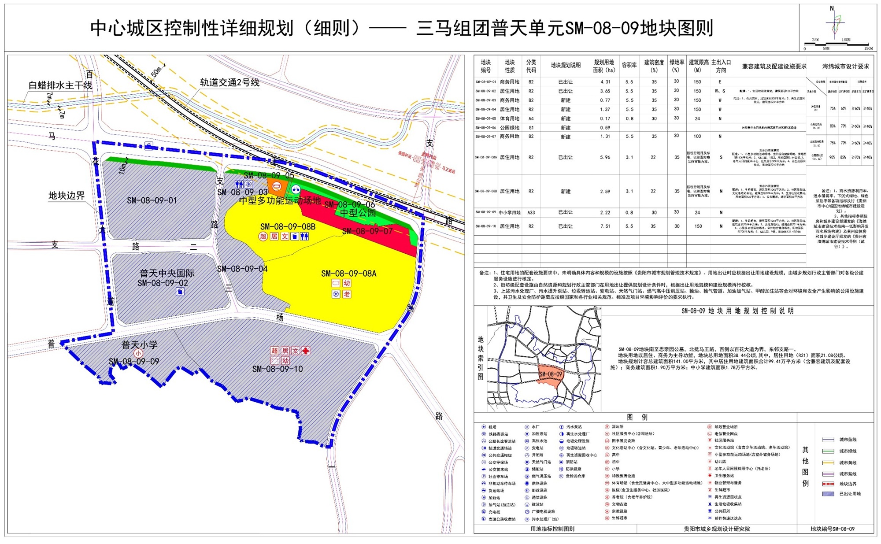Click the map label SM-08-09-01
pyautogui.click(x=152, y=200)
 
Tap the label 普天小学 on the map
pyautogui.click(x=139, y=344)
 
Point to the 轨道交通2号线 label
pyautogui.click(x=230, y=82)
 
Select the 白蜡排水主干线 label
pyautogui.click(x=60, y=85)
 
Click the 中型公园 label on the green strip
pyautogui.click(x=358, y=213)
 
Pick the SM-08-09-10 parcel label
pyautogui.click(x=278, y=369)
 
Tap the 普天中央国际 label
pyautogui.click(x=167, y=274)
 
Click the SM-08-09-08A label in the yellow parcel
pyautogui.click(x=348, y=274)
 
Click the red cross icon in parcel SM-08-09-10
pyautogui.click(x=305, y=351)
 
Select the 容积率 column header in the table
pyautogui.click(x=629, y=65)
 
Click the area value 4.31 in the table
pyautogui.click(x=605, y=82)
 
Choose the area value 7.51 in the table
pyautogui.click(x=605, y=226)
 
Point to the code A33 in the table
pyautogui.click(x=531, y=212)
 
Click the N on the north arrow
pyautogui.click(x=832, y=8)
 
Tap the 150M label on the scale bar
pyautogui.click(x=868, y=48)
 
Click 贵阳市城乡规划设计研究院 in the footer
pyautogui.click(x=716, y=529)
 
